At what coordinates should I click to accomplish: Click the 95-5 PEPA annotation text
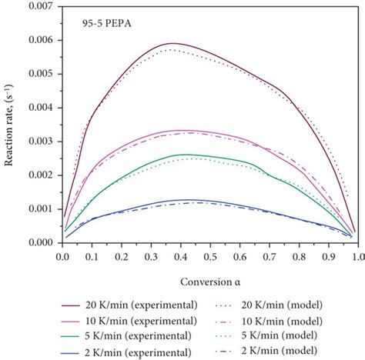[101, 25]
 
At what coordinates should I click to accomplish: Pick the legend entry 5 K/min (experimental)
[104, 336]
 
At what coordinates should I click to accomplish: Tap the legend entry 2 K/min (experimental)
[104, 352]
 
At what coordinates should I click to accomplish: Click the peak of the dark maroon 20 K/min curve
[174, 43]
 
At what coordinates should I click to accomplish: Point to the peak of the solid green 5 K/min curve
[185, 155]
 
